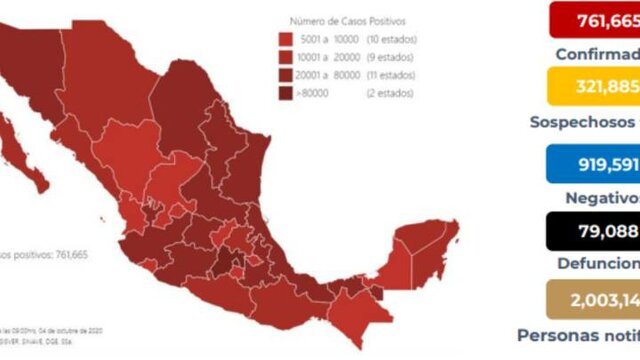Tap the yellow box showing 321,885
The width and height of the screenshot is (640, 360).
[593, 86]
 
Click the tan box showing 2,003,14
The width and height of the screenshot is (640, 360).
[593, 300]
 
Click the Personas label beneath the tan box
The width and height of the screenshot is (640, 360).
[561, 335]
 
